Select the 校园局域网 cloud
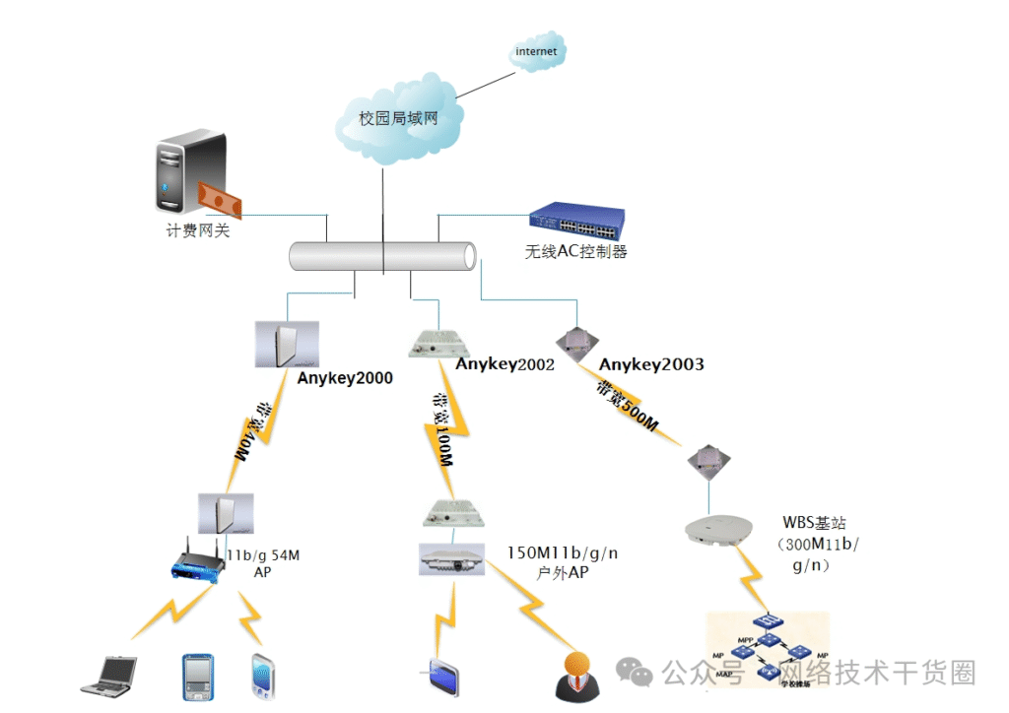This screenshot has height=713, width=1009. click(397, 118)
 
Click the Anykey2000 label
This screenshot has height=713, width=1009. click(345, 378)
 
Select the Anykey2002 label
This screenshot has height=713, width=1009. click(504, 364)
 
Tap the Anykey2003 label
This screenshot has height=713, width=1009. click(651, 364)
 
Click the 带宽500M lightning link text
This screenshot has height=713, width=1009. click(626, 407)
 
